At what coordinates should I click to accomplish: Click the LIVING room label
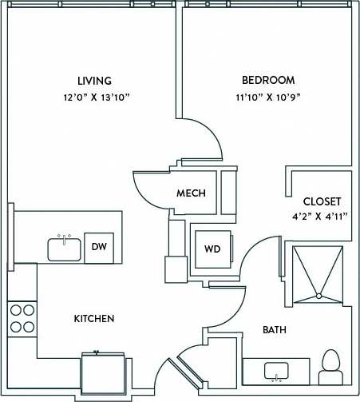click(x=94, y=81)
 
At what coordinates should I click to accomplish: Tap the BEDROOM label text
click(x=268, y=81)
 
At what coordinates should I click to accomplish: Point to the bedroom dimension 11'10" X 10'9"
click(x=268, y=98)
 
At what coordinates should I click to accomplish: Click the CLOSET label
click(x=322, y=201)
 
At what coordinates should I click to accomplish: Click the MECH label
click(x=191, y=193)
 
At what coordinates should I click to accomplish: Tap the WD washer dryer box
click(x=212, y=249)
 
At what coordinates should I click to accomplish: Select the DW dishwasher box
click(x=99, y=247)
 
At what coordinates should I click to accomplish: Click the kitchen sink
click(x=64, y=249)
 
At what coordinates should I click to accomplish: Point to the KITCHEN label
click(x=94, y=318)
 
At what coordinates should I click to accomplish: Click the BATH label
click(x=275, y=329)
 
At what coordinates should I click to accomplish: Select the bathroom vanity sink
click(x=277, y=372)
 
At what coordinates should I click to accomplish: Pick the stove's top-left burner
click(x=14, y=312)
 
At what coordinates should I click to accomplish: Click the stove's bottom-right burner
click(x=29, y=326)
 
